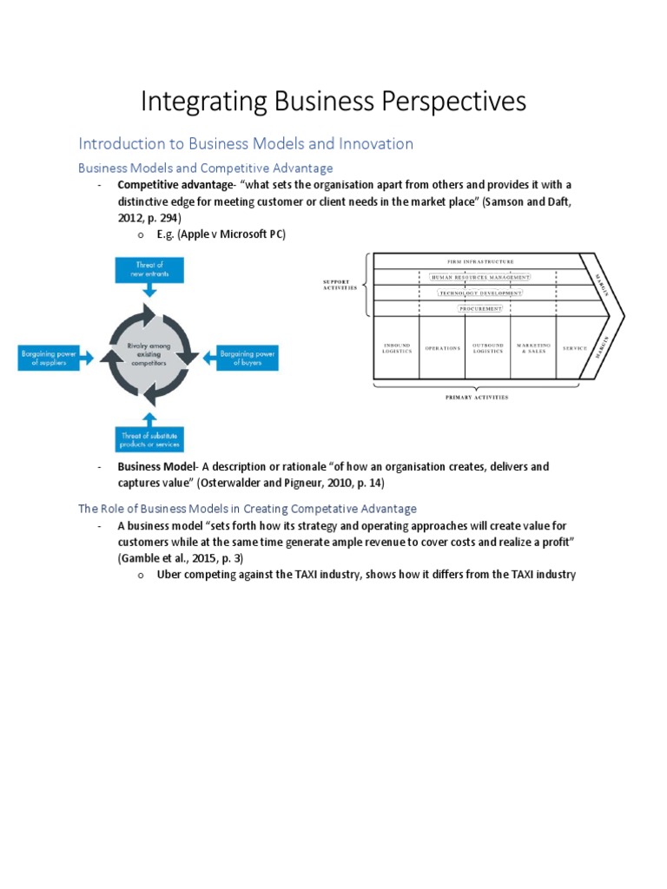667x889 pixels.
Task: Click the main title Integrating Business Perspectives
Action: click(x=333, y=102)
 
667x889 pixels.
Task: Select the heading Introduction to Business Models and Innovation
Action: click(x=246, y=143)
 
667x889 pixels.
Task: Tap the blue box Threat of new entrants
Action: click(x=149, y=269)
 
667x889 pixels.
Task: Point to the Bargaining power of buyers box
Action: click(x=248, y=357)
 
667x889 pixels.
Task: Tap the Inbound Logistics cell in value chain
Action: click(x=396, y=348)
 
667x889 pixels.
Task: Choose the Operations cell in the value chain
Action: click(x=442, y=348)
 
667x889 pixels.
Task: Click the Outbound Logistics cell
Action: click(x=487, y=348)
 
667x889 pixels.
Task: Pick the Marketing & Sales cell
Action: click(x=533, y=348)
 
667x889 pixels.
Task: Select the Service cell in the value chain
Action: click(x=575, y=348)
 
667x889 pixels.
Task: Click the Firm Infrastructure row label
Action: click(x=480, y=261)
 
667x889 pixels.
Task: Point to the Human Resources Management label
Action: click(x=480, y=277)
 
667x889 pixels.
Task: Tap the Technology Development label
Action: click(x=480, y=293)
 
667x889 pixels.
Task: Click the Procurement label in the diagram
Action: click(x=480, y=308)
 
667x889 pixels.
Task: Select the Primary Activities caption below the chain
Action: click(x=477, y=397)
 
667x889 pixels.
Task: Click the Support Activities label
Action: click(x=340, y=285)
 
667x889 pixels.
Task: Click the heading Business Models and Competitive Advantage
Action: click(x=206, y=168)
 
